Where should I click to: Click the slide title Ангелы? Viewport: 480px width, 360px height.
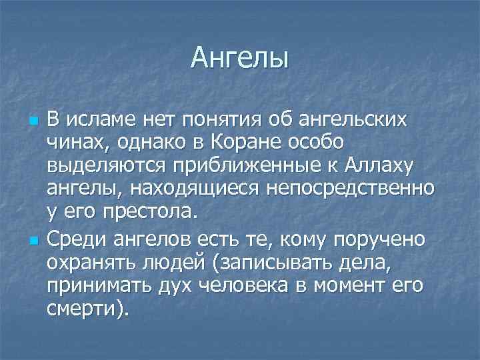239,58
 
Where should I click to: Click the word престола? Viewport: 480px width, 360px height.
151,213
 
